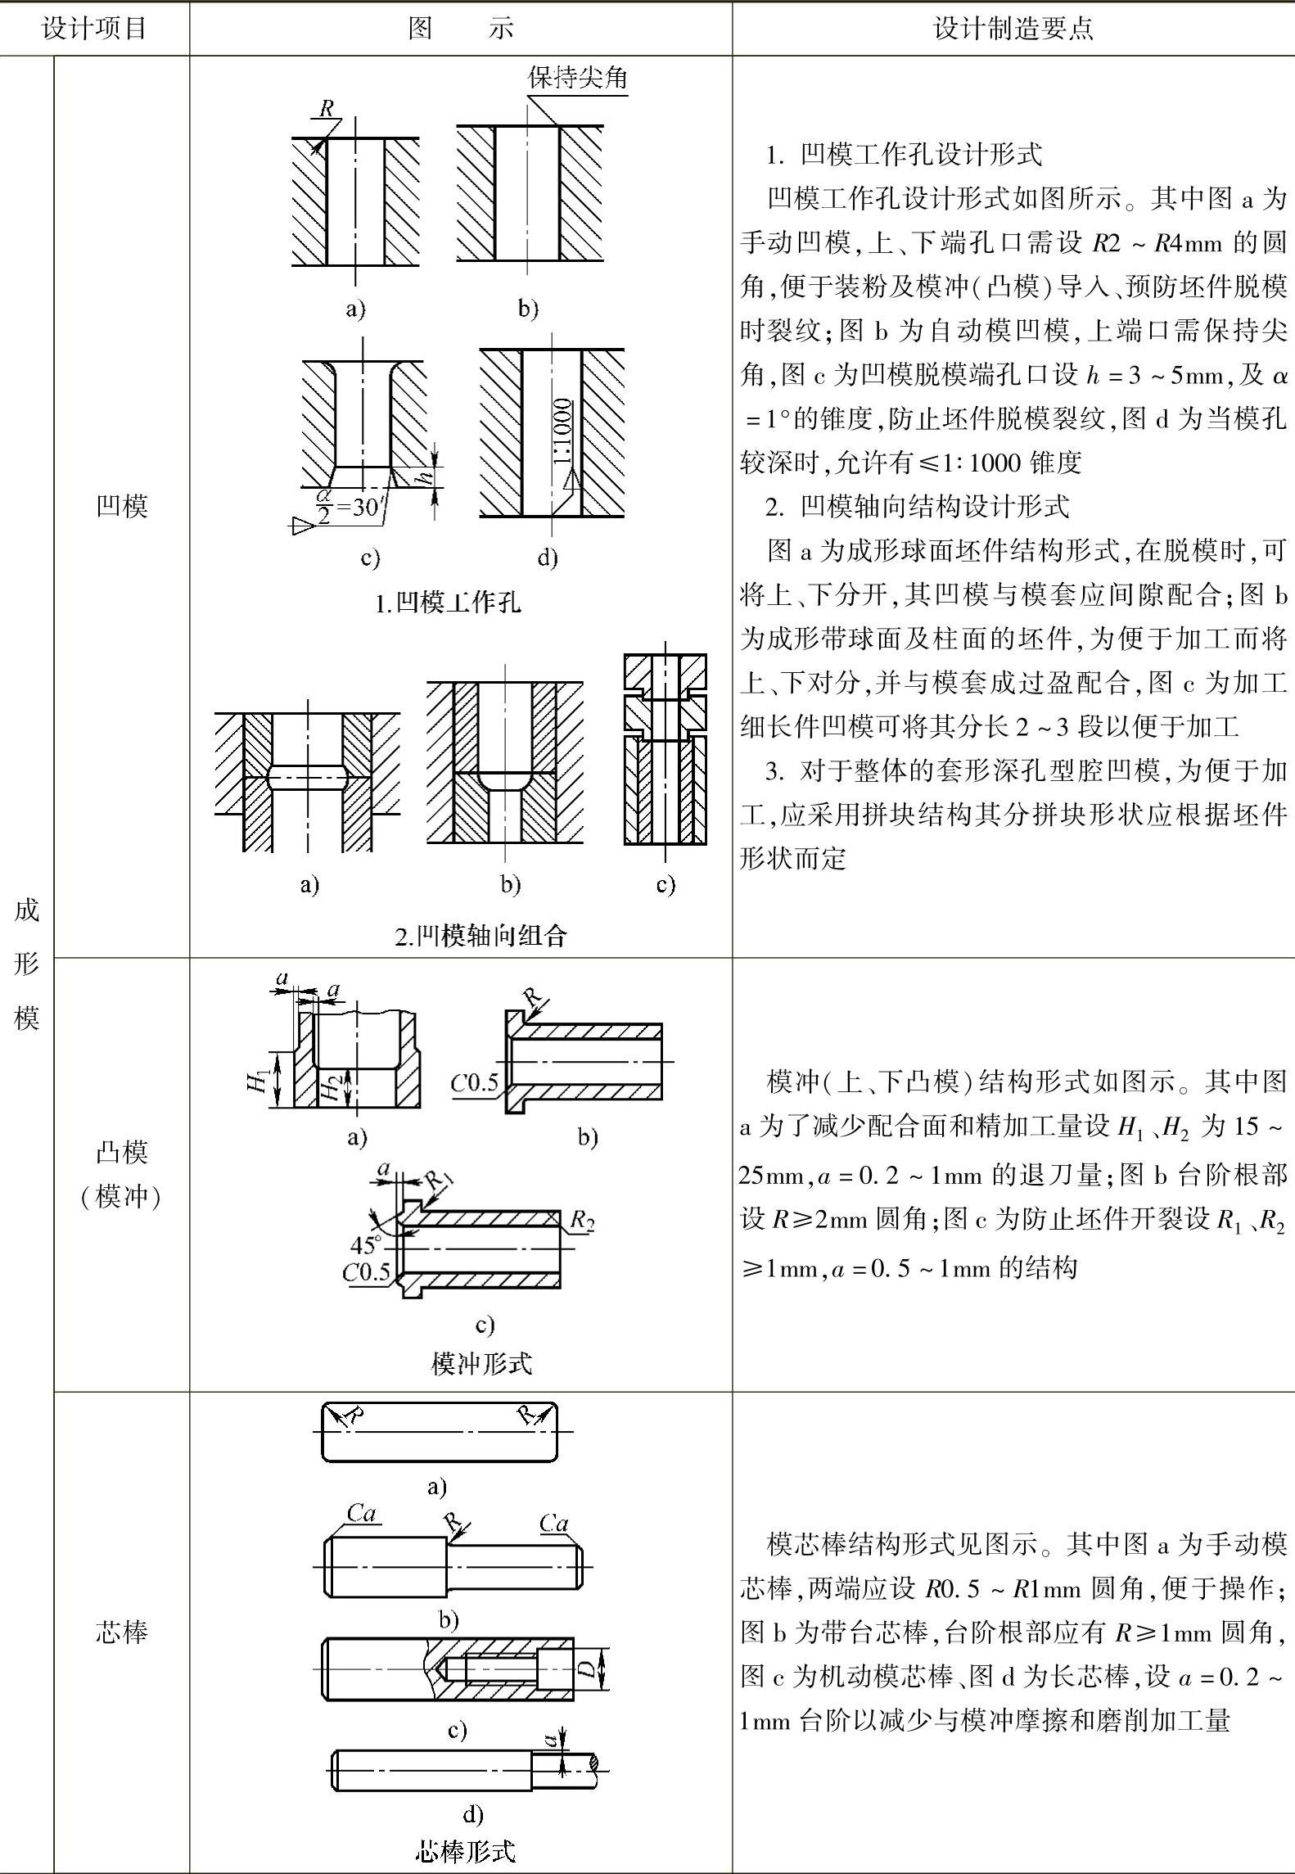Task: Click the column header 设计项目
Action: (x=94, y=29)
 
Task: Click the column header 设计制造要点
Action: (x=1013, y=29)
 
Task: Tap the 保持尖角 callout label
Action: (x=577, y=78)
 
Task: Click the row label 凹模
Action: (x=121, y=506)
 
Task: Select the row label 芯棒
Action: (x=121, y=1632)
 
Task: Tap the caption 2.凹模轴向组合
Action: (x=481, y=935)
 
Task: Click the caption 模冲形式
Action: (x=481, y=1363)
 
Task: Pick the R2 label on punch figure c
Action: (x=582, y=1221)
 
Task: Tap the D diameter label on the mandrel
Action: (x=586, y=1668)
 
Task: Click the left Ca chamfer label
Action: (x=361, y=1513)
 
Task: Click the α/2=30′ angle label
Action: (x=348, y=507)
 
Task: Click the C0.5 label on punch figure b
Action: (x=475, y=1083)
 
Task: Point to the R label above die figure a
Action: (x=327, y=108)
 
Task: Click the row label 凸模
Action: (x=121, y=1152)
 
